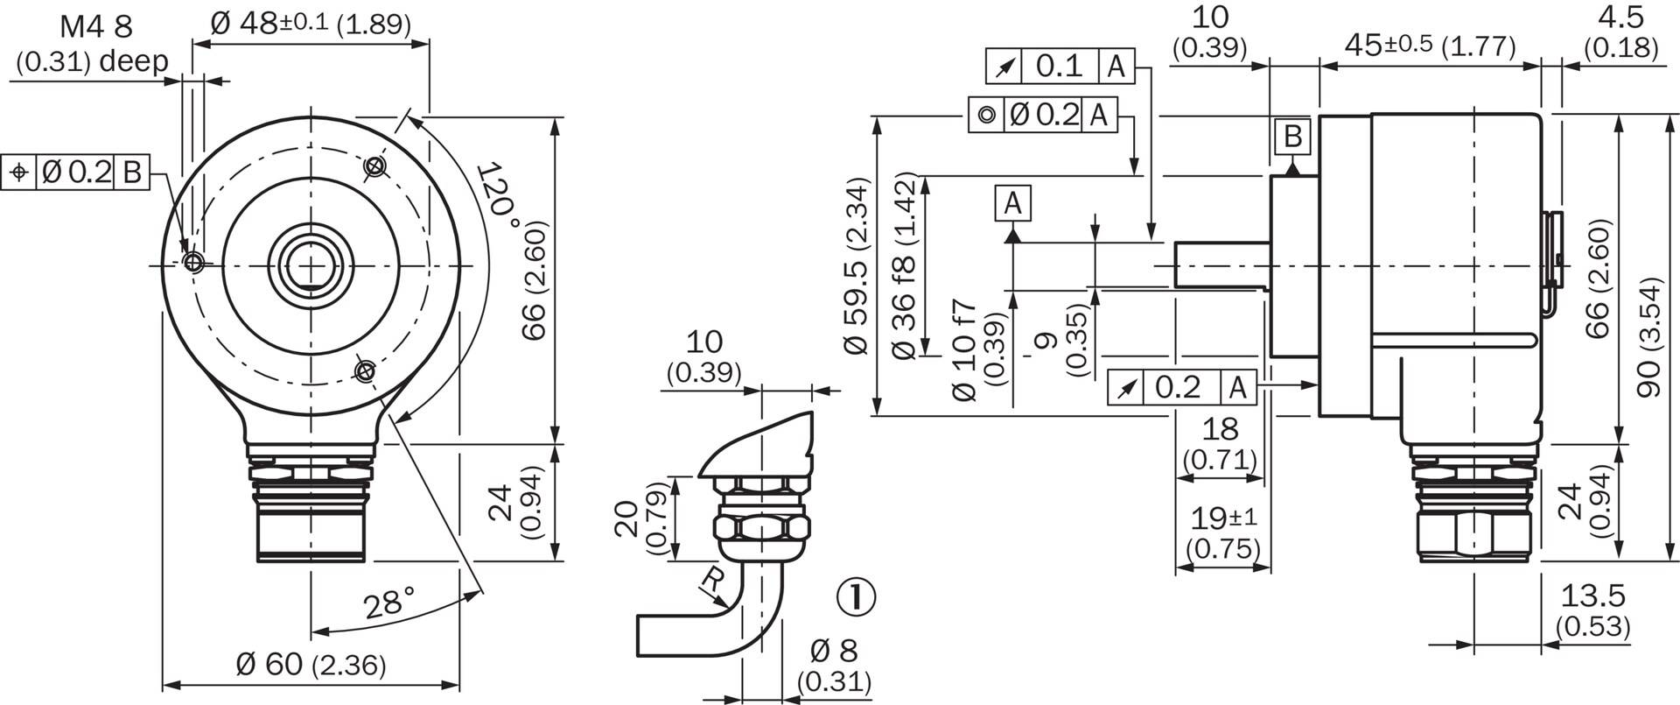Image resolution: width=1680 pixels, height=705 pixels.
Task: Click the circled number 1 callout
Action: click(856, 597)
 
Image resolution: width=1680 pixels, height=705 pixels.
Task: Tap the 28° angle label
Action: click(389, 603)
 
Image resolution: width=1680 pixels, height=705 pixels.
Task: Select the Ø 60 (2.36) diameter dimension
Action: click(311, 665)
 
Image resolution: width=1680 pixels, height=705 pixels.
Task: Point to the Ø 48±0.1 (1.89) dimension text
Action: click(311, 23)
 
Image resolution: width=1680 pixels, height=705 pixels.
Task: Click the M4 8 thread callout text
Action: click(96, 27)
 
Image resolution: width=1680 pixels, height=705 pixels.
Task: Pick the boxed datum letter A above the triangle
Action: click(1012, 203)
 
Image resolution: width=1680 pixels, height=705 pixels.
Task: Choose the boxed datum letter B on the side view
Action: click(1293, 137)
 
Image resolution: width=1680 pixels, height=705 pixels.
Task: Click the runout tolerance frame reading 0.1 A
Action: click(1060, 66)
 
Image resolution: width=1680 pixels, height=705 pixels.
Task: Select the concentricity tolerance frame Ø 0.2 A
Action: click(1043, 115)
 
